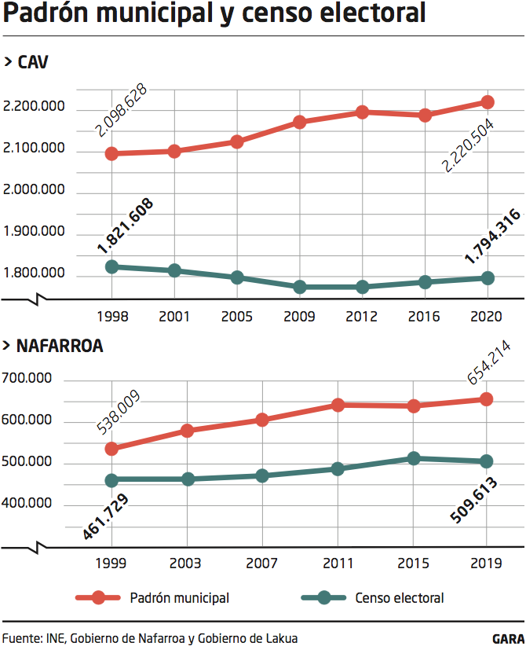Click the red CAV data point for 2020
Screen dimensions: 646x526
click(x=487, y=102)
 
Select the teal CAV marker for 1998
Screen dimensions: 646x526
click(x=111, y=266)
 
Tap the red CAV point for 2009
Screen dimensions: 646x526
click(x=299, y=122)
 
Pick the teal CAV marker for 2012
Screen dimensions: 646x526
click(x=362, y=287)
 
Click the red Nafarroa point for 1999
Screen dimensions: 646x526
click(x=111, y=449)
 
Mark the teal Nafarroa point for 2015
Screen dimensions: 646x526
click(x=412, y=458)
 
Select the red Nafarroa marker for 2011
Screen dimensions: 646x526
click(x=338, y=405)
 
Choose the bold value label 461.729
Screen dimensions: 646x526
click(x=107, y=517)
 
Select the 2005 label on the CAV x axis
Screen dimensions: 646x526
click(x=236, y=317)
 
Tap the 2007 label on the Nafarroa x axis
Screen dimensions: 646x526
click(x=262, y=563)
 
